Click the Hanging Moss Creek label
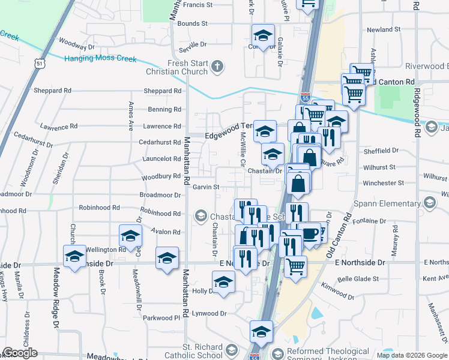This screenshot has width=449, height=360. point(100,59)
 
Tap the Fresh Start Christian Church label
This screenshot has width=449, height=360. point(178,67)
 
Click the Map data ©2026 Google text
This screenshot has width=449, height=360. point(412,355)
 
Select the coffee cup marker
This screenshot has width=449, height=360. point(310,233)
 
